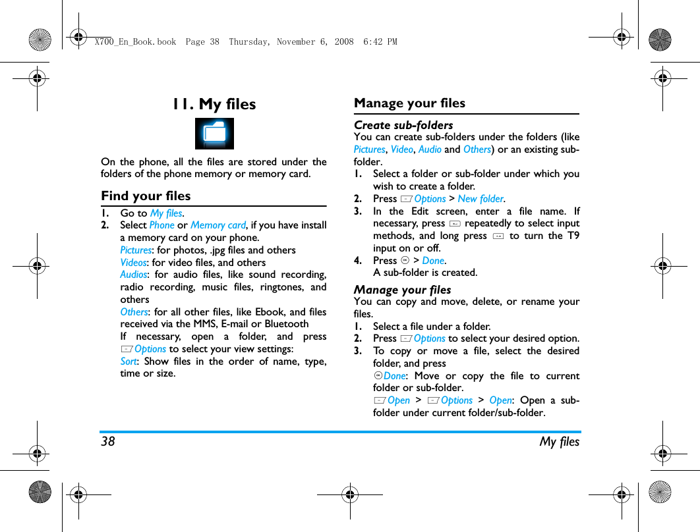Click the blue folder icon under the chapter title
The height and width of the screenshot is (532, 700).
pos(214,134)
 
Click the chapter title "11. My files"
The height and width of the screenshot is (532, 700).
pos(214,104)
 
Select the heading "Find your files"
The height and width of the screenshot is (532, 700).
pos(146,196)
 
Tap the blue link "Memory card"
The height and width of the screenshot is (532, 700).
pos(218,225)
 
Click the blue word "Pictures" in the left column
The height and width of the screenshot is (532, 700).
pos(136,250)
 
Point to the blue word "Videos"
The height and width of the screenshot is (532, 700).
pos(133,263)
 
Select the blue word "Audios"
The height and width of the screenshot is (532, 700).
pos(134,275)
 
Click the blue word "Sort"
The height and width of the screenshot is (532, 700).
pos(128,361)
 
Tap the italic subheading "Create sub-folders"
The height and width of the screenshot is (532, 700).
pos(403,125)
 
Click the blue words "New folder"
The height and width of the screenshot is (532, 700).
pos(481,199)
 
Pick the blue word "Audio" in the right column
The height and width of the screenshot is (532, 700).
pos(430,149)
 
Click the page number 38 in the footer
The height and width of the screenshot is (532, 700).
pos(107,442)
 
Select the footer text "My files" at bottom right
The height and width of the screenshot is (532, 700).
pos(560,442)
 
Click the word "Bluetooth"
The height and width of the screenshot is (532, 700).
pos(286,324)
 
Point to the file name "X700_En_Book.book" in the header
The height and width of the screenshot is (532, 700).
pos(135,41)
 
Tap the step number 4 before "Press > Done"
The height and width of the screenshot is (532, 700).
pos(357,261)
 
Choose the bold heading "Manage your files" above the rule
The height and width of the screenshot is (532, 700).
pos(409,103)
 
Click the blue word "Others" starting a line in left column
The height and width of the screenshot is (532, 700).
pos(134,312)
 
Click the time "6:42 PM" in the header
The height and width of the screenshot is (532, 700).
pos(380,41)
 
